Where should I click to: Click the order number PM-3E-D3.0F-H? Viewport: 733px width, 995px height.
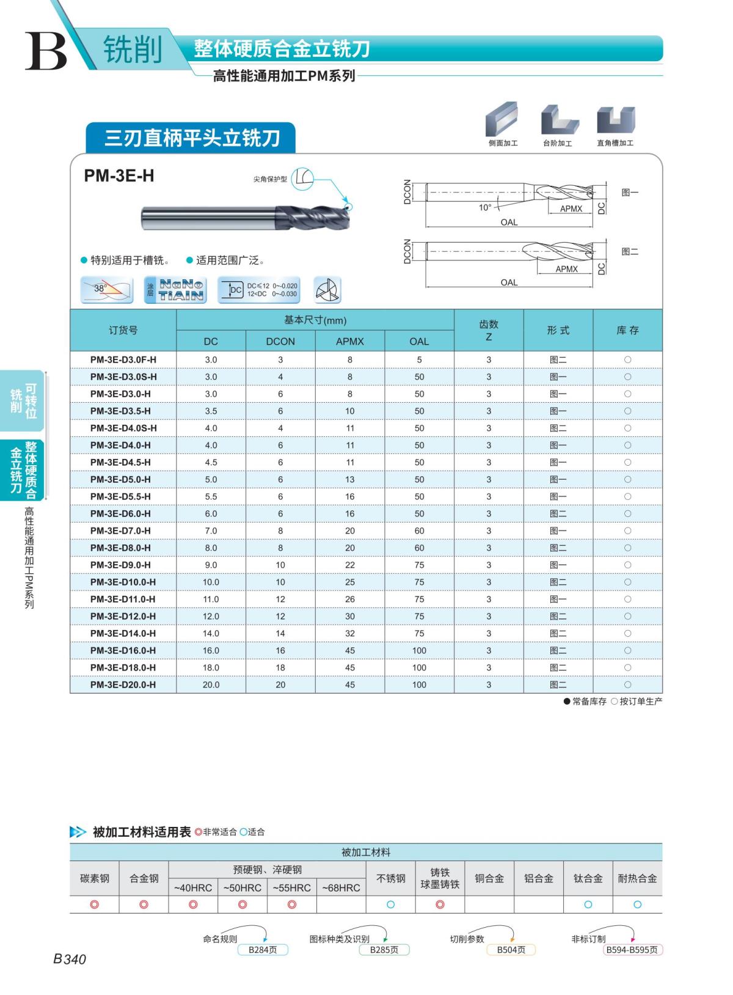point(123,359)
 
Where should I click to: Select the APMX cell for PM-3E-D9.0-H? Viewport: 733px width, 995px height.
point(349,565)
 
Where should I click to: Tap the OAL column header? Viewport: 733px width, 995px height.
point(419,341)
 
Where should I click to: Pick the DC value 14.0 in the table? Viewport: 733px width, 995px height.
point(211,633)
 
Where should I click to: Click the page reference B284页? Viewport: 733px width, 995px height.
point(263,950)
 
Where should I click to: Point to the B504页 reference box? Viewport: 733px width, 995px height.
point(511,950)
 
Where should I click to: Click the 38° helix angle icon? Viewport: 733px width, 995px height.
point(106,290)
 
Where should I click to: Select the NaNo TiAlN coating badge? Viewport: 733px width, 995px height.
point(176,290)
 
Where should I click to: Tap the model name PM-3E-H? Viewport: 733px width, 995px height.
point(119,176)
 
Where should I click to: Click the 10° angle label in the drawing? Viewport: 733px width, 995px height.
point(485,208)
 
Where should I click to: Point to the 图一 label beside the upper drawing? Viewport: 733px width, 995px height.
point(630,193)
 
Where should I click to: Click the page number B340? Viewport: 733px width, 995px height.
point(70,959)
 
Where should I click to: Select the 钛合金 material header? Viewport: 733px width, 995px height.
point(588,878)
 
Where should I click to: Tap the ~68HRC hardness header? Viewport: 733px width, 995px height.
point(341,887)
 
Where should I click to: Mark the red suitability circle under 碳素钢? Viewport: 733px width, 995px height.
point(94,905)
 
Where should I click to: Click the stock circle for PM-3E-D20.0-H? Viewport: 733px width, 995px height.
point(627,685)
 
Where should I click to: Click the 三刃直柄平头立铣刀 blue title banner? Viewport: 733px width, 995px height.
point(191,138)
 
